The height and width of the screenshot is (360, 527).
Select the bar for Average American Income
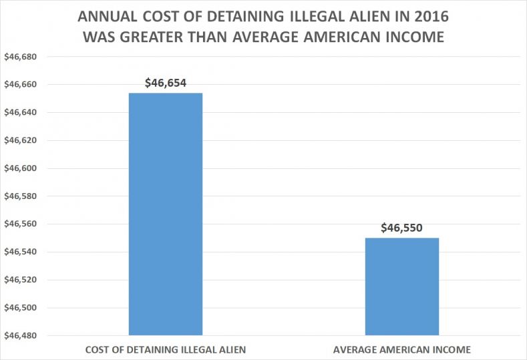402,286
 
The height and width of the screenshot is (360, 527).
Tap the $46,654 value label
166,83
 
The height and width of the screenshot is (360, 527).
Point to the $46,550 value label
402,228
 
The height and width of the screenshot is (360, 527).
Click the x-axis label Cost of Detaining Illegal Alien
165,349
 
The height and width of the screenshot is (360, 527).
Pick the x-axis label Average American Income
402,349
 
